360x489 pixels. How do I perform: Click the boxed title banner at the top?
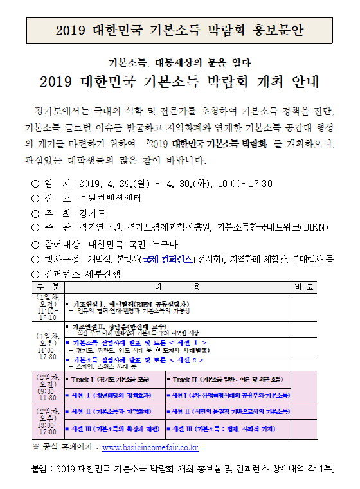[x=180, y=30]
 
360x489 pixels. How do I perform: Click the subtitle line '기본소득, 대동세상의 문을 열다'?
[x=179, y=63]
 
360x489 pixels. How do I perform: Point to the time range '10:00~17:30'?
[x=246, y=184]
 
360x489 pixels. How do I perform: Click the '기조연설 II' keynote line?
[x=129, y=327]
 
